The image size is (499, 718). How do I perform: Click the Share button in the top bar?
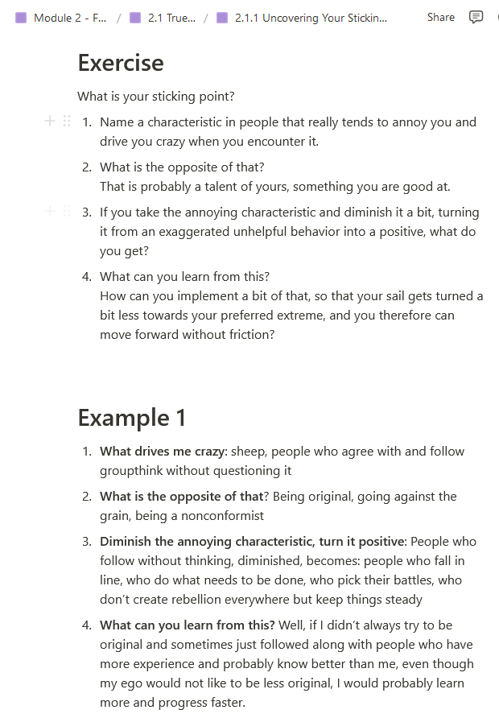coord(440,17)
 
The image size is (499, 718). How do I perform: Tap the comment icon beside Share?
coord(476,17)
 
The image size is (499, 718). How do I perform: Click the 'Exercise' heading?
coord(120,63)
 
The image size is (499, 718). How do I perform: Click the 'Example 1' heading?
coord(131,418)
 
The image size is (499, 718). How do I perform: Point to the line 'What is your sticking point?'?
coord(155,97)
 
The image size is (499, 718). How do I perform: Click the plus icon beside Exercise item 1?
coord(49,121)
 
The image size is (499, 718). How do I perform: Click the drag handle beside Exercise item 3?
coord(67,211)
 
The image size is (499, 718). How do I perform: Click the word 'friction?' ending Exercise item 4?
coord(250,335)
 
